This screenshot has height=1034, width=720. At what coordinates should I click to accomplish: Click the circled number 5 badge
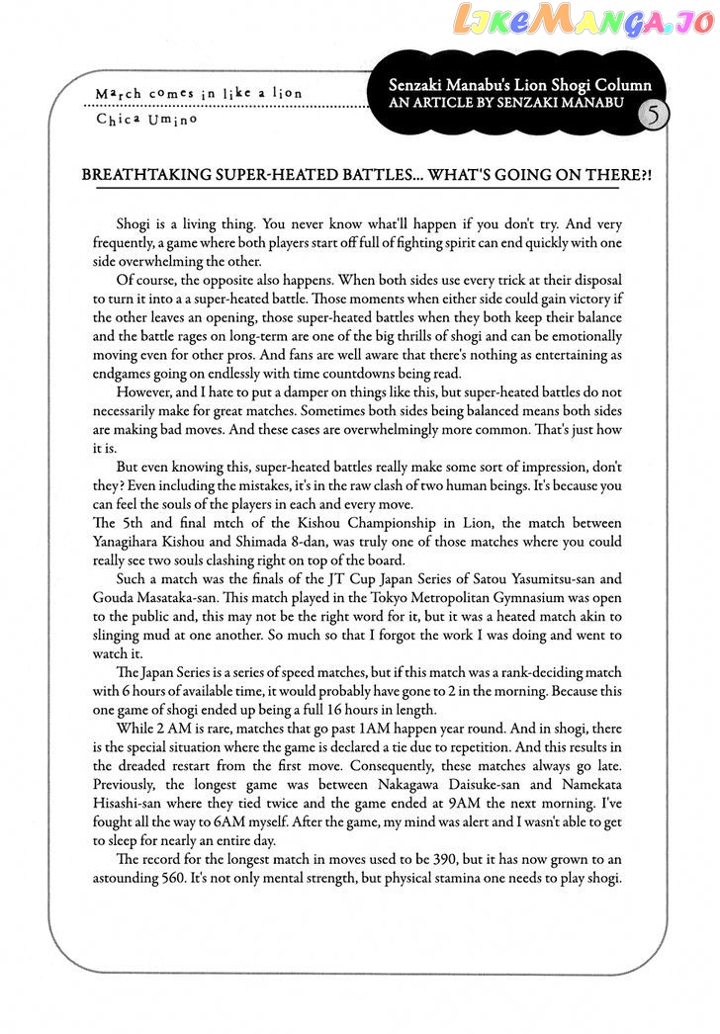pos(653,116)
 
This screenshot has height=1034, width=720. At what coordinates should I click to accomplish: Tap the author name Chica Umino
pos(146,119)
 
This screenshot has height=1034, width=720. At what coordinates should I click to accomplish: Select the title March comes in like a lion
pos(199,94)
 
